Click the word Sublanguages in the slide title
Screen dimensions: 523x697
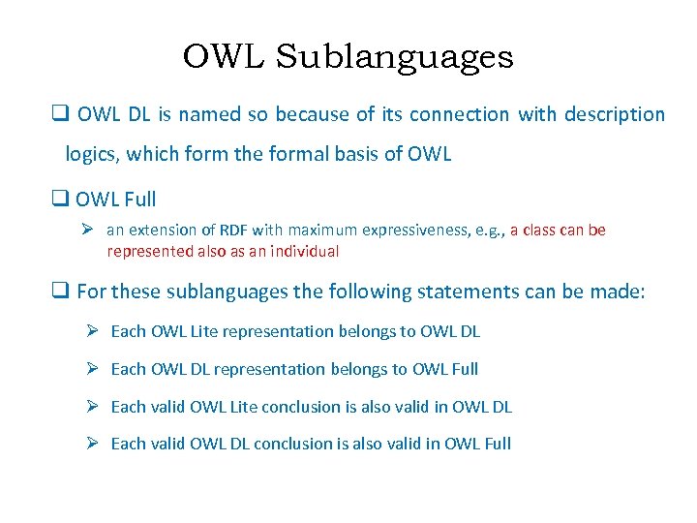click(394, 59)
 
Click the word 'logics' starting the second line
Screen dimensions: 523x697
click(90, 154)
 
